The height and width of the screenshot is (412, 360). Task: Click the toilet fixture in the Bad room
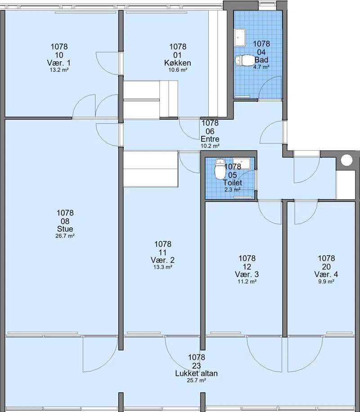tap(243, 60)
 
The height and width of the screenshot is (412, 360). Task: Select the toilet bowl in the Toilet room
tap(220, 168)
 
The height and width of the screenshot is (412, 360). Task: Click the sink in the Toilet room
tap(241, 163)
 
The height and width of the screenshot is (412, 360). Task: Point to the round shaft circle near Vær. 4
tap(346, 160)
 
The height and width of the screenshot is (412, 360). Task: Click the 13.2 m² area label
tap(59, 70)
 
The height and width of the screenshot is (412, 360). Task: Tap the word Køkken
tap(177, 63)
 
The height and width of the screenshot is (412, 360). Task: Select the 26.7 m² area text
tap(65, 236)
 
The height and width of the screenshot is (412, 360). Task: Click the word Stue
tap(65, 229)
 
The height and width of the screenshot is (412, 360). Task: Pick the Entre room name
tap(210, 139)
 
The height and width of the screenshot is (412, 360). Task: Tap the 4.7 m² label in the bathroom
tap(261, 67)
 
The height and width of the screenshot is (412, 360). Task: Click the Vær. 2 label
tap(162, 260)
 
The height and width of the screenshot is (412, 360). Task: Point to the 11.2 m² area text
tap(247, 282)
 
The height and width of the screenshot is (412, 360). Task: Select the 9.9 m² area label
tap(326, 282)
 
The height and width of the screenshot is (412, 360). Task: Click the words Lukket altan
tap(196, 373)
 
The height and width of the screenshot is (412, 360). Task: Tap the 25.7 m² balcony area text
tap(196, 381)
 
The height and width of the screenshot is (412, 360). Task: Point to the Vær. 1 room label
tap(59, 63)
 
